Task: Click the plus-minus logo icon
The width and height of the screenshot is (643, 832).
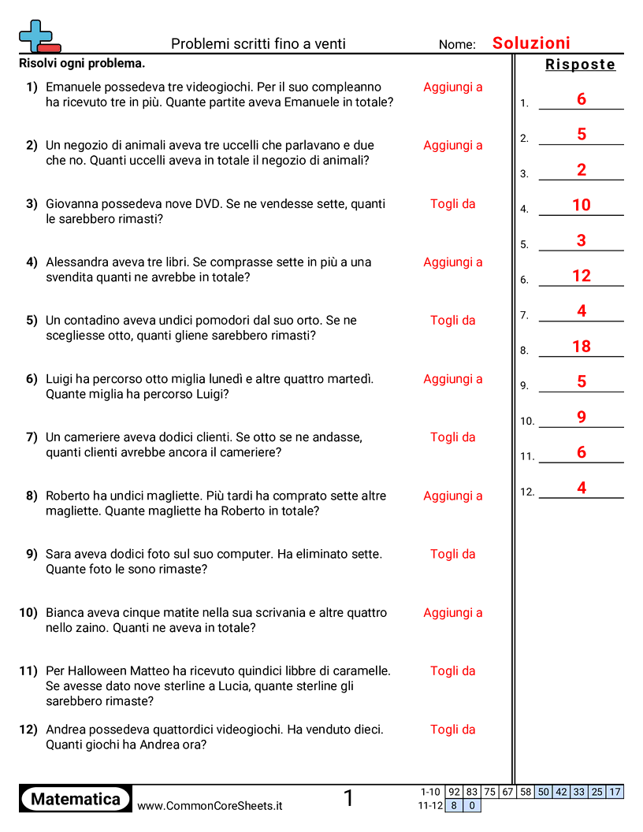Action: coord(39,37)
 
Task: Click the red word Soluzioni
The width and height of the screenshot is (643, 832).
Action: coord(531,43)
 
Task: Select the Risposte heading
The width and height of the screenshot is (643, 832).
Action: coord(580,65)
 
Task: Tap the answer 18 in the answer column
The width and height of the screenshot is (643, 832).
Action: coord(582,346)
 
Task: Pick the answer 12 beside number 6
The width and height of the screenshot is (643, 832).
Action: coord(582,276)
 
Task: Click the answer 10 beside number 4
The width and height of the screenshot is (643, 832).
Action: coord(582,205)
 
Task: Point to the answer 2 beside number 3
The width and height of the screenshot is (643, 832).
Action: coord(582,169)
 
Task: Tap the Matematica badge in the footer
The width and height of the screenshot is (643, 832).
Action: coord(76,799)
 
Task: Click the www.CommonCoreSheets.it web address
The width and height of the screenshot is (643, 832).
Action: coord(210,806)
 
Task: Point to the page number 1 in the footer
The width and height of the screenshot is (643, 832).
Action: coord(349,799)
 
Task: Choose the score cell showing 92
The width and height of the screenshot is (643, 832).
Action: coord(454,792)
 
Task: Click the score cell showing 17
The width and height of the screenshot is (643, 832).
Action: coord(615,792)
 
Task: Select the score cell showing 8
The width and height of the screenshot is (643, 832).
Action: coord(454,805)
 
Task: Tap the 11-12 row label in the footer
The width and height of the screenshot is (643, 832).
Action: coord(430,805)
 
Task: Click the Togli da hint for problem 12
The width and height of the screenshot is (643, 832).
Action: coord(452,729)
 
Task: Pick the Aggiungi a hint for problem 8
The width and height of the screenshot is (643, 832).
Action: coord(452,496)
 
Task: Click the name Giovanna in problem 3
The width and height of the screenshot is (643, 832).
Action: coord(72,203)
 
